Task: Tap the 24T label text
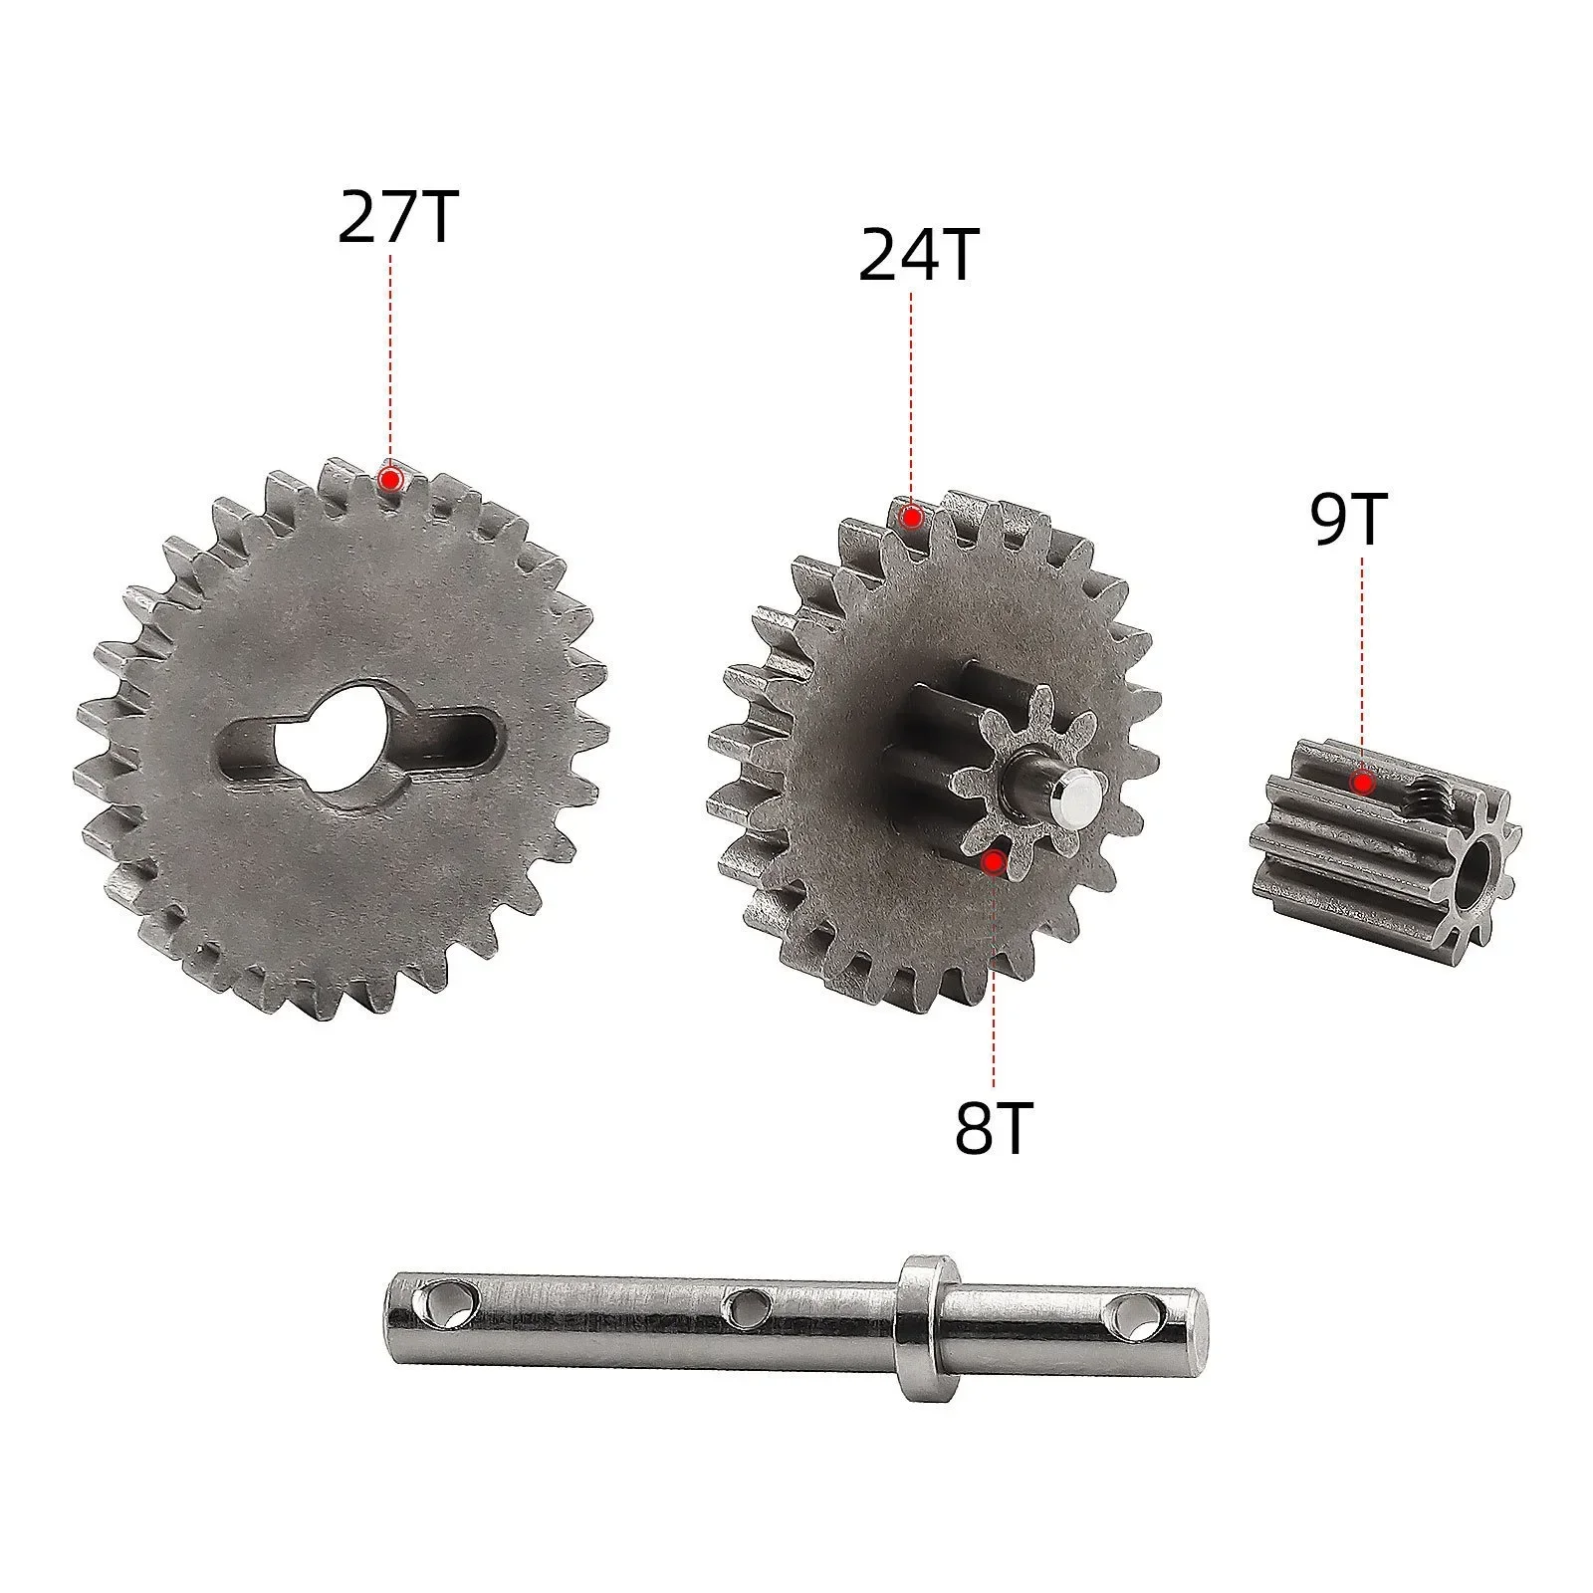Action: (918, 257)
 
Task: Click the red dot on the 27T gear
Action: (391, 480)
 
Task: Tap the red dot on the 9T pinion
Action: (1361, 783)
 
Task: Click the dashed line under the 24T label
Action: (911, 398)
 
